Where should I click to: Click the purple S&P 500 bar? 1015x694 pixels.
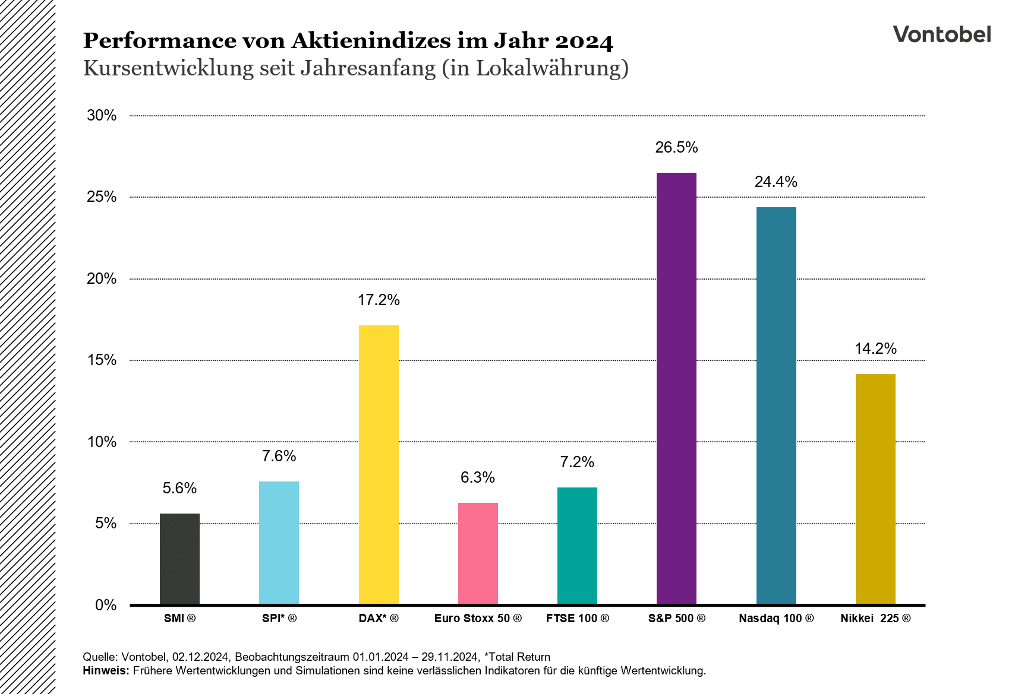click(x=676, y=389)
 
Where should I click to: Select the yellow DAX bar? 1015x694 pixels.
click(x=379, y=465)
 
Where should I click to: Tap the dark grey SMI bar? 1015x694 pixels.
click(x=179, y=559)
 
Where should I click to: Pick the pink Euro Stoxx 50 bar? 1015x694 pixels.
click(x=478, y=553)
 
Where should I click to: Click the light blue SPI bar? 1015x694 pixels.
click(x=279, y=543)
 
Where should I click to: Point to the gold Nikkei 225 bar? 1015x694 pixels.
click(x=875, y=489)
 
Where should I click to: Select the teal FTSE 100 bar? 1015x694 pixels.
click(x=577, y=546)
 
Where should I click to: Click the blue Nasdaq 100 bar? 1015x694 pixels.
click(x=776, y=406)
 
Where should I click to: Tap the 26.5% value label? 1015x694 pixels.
click(x=676, y=148)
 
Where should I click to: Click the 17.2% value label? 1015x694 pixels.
click(x=379, y=300)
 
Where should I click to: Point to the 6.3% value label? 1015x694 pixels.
click(x=478, y=478)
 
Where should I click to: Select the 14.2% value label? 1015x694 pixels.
click(x=875, y=349)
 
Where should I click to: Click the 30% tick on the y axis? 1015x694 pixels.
click(x=102, y=116)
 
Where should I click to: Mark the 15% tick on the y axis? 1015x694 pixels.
click(x=102, y=360)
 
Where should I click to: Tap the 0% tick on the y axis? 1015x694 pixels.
click(x=106, y=605)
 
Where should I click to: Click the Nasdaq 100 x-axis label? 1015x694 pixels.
click(x=776, y=619)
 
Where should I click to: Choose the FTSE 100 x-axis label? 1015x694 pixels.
click(x=577, y=619)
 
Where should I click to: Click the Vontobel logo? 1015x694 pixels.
click(x=941, y=34)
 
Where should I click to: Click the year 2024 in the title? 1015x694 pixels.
click(x=584, y=41)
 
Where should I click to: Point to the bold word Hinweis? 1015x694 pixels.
click(x=105, y=671)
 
